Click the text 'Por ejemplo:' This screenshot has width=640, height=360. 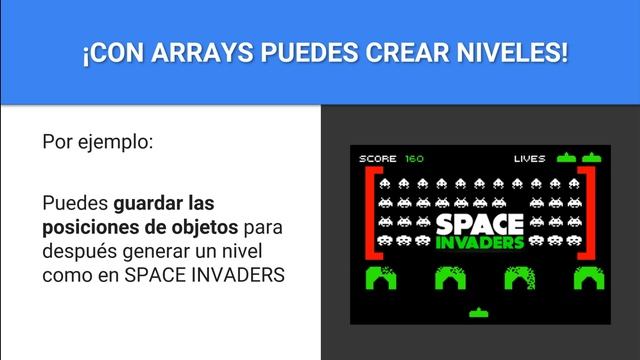point(97,141)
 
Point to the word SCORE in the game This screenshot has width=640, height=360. point(378,158)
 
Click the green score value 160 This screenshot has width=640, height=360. point(414,158)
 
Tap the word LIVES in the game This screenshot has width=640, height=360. point(529,158)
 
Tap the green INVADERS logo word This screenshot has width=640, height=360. point(480,243)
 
